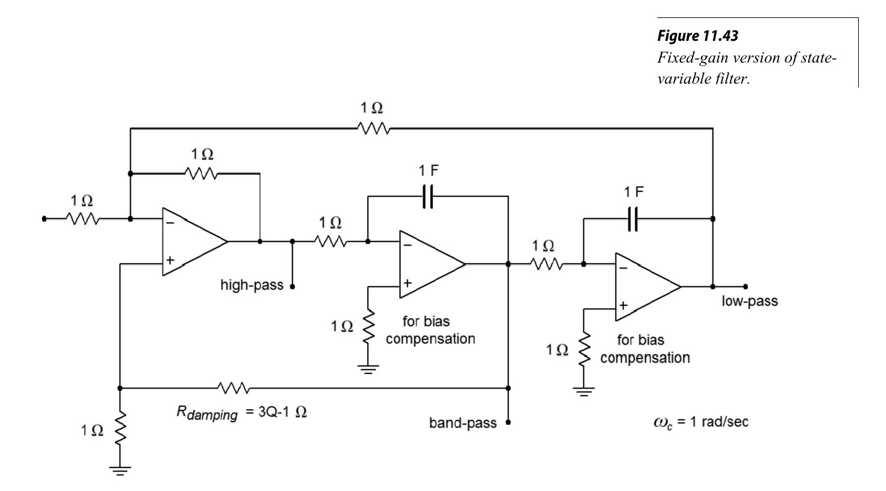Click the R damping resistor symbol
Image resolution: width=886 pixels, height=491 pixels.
(x=234, y=388)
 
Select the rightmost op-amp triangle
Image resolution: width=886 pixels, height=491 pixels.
(x=647, y=287)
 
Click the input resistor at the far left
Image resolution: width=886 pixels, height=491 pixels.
(x=82, y=219)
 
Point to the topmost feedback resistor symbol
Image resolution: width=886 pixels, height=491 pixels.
(x=372, y=128)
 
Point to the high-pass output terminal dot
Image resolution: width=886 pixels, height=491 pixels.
(x=292, y=287)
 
